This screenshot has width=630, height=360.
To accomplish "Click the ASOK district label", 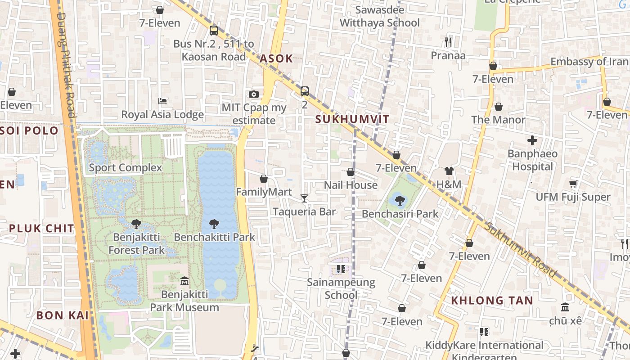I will click(276, 58).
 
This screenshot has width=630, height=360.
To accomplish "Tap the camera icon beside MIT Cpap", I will click(254, 94).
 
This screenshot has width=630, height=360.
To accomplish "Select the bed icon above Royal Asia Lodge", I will click(162, 101).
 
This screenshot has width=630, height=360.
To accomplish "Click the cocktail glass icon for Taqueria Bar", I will click(304, 198).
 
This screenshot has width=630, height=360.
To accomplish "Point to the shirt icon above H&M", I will click(449, 171).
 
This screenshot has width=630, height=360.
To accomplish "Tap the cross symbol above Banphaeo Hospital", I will click(532, 140).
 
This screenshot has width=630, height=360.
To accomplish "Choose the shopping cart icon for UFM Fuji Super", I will click(573, 184).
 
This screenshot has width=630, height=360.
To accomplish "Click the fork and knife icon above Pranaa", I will click(448, 42).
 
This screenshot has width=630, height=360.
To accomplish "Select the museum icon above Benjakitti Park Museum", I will click(184, 281).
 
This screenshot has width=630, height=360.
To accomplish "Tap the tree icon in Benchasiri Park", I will click(400, 200).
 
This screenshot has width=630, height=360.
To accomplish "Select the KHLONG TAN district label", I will click(492, 300).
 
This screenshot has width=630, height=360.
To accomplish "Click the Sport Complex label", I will click(125, 168).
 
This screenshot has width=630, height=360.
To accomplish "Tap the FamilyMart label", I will click(264, 192).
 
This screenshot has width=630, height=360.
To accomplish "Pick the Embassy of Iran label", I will click(589, 62).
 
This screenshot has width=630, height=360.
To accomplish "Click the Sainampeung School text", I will click(341, 288).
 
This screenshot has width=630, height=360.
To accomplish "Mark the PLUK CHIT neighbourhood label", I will click(41, 228).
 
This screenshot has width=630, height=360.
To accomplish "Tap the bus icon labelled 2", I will click(305, 91).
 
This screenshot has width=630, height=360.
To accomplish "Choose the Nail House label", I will click(351, 185).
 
